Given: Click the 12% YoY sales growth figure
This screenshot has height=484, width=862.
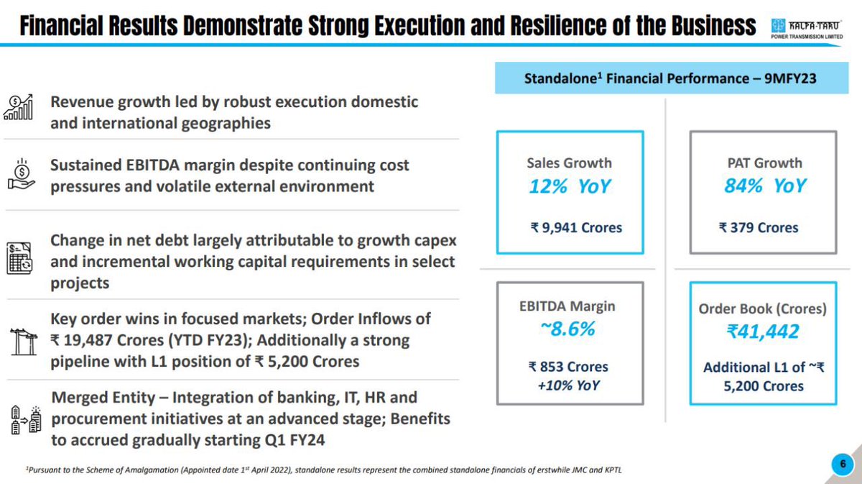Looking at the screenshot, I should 569,187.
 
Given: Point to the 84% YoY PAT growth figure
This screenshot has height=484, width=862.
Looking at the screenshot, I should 764,187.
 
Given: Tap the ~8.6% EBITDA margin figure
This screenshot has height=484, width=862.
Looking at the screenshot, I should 568,330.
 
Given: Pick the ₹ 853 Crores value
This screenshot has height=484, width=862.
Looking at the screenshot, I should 568,367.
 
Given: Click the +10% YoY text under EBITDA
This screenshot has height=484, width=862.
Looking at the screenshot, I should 568,385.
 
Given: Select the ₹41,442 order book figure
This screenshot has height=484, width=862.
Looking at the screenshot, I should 763,332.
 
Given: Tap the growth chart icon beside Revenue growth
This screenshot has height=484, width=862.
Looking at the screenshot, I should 20,109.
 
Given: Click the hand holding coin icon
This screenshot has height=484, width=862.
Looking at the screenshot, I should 21,175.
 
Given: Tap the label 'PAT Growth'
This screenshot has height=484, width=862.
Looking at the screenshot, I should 764,163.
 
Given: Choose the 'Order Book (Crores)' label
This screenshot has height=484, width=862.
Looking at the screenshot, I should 763,309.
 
